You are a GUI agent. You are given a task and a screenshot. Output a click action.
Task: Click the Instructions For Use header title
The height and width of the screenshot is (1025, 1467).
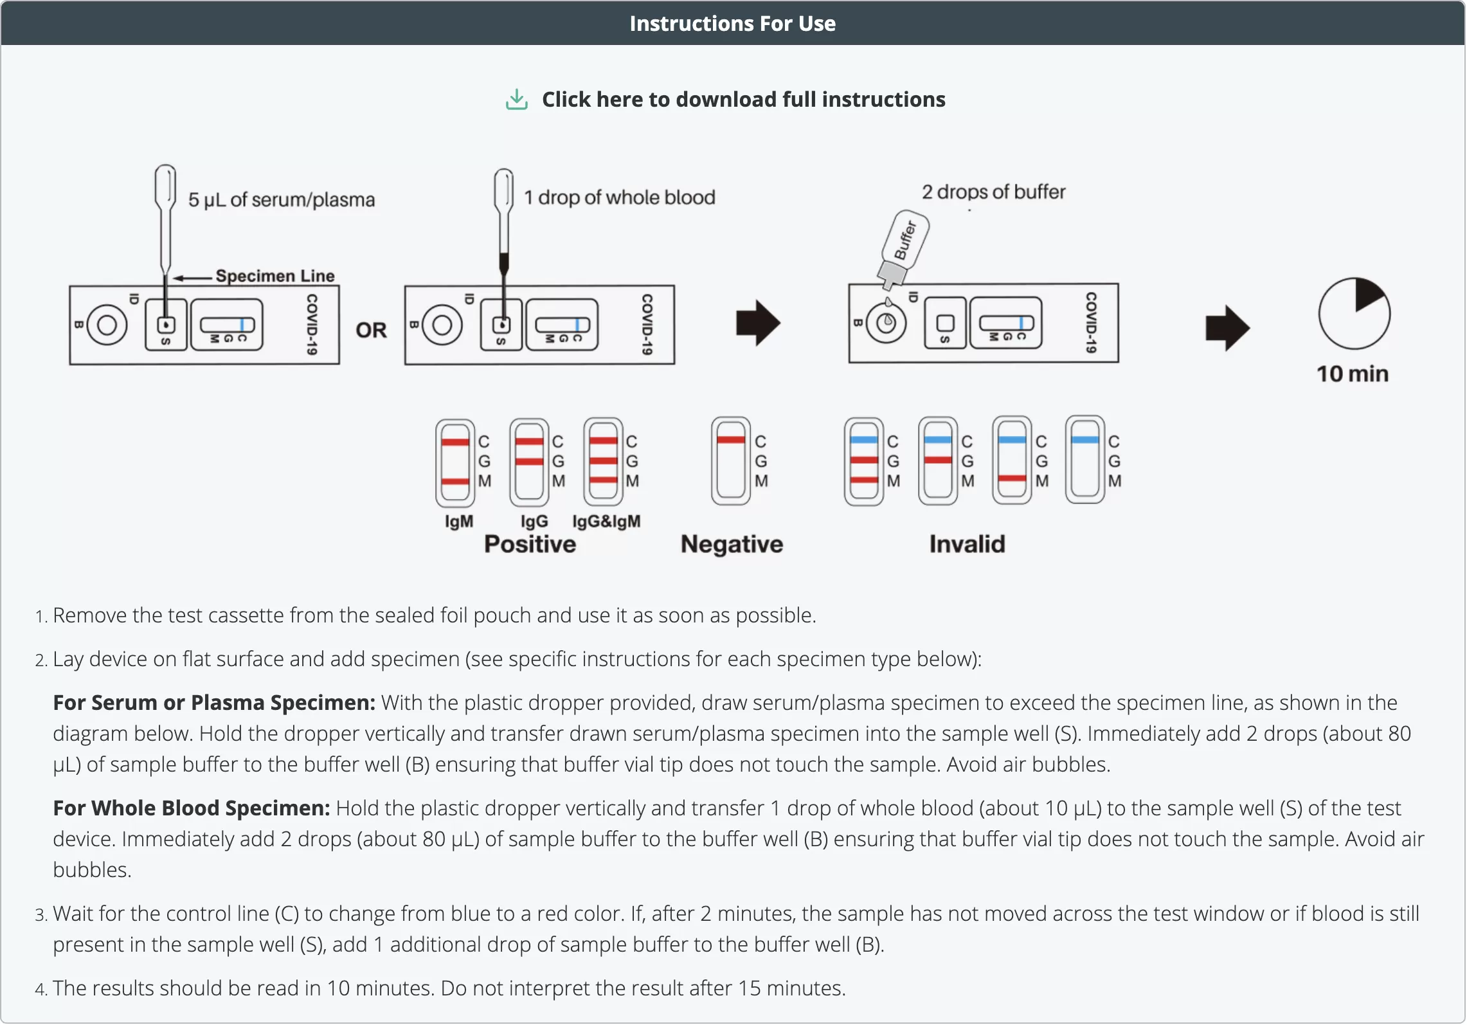click(x=732, y=24)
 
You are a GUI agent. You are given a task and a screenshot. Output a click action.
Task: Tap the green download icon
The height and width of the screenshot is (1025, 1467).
click(x=517, y=100)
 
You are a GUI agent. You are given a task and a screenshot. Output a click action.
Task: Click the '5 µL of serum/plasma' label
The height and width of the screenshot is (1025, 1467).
click(x=281, y=200)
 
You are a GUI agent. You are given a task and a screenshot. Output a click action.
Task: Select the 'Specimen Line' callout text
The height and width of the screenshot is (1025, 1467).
click(x=274, y=276)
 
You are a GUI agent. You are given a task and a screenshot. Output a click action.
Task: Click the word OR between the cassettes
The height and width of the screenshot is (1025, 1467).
click(x=371, y=331)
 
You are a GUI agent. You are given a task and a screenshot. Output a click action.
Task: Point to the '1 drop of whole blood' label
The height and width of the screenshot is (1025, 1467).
click(x=619, y=197)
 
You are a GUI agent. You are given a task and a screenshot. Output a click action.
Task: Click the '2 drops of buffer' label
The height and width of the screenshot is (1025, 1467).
click(x=993, y=192)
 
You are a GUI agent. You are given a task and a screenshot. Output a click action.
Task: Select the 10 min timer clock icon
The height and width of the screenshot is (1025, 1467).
click(x=1354, y=314)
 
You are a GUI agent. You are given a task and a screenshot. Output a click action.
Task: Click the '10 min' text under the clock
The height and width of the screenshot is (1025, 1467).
click(x=1352, y=374)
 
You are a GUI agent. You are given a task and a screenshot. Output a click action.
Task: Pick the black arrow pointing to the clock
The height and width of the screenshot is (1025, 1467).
click(x=1227, y=328)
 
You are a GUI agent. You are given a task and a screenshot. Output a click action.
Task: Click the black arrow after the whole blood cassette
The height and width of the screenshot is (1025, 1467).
click(x=758, y=323)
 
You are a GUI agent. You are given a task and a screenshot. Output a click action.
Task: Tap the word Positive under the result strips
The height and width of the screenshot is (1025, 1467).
click(x=530, y=545)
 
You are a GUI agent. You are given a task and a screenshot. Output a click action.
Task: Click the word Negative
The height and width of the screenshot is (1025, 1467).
click(x=732, y=545)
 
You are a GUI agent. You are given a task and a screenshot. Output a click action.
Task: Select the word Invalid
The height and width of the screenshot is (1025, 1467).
click(x=967, y=545)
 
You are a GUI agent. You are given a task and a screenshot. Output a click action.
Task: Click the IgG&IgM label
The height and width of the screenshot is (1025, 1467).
click(x=606, y=522)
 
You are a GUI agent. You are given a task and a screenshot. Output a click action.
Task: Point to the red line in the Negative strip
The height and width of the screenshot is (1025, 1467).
click(x=731, y=440)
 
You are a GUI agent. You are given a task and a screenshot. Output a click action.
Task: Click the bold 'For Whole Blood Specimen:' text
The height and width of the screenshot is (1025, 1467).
click(x=192, y=808)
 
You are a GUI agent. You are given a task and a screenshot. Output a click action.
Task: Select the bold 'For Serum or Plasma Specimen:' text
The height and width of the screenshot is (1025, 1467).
click(x=214, y=703)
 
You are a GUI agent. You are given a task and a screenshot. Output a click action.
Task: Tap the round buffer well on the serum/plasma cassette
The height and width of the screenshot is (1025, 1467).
click(x=107, y=325)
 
